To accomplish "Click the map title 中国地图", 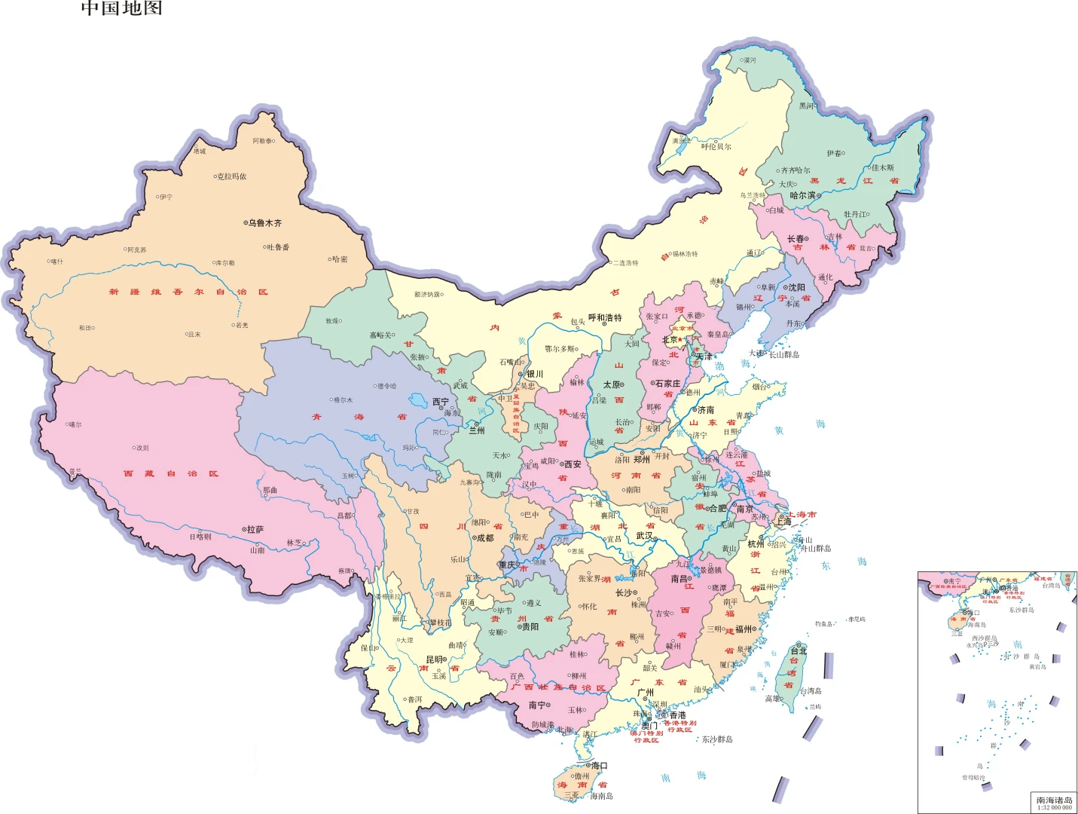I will click(x=121, y=8).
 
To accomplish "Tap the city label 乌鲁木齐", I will click(x=265, y=223).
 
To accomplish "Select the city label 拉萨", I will click(x=255, y=530).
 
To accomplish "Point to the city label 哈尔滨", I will click(x=803, y=195).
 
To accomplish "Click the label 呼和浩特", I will click(x=605, y=318).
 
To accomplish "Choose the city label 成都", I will click(x=484, y=538).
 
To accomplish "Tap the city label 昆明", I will click(x=435, y=659).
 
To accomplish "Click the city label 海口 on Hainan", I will click(x=599, y=766).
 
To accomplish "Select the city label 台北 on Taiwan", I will click(x=799, y=650).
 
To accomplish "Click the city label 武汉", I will click(x=645, y=536).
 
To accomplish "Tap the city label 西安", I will click(x=573, y=464).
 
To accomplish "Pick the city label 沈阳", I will click(x=796, y=287).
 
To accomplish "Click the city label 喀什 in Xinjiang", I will click(x=57, y=262).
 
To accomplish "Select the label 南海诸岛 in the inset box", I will click(x=1054, y=800).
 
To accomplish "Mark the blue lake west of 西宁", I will click(x=419, y=399).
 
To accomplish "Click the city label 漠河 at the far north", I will click(x=748, y=60).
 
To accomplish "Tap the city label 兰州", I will click(x=477, y=430).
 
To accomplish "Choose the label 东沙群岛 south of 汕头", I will click(x=717, y=739).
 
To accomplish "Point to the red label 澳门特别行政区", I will click(x=646, y=736).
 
